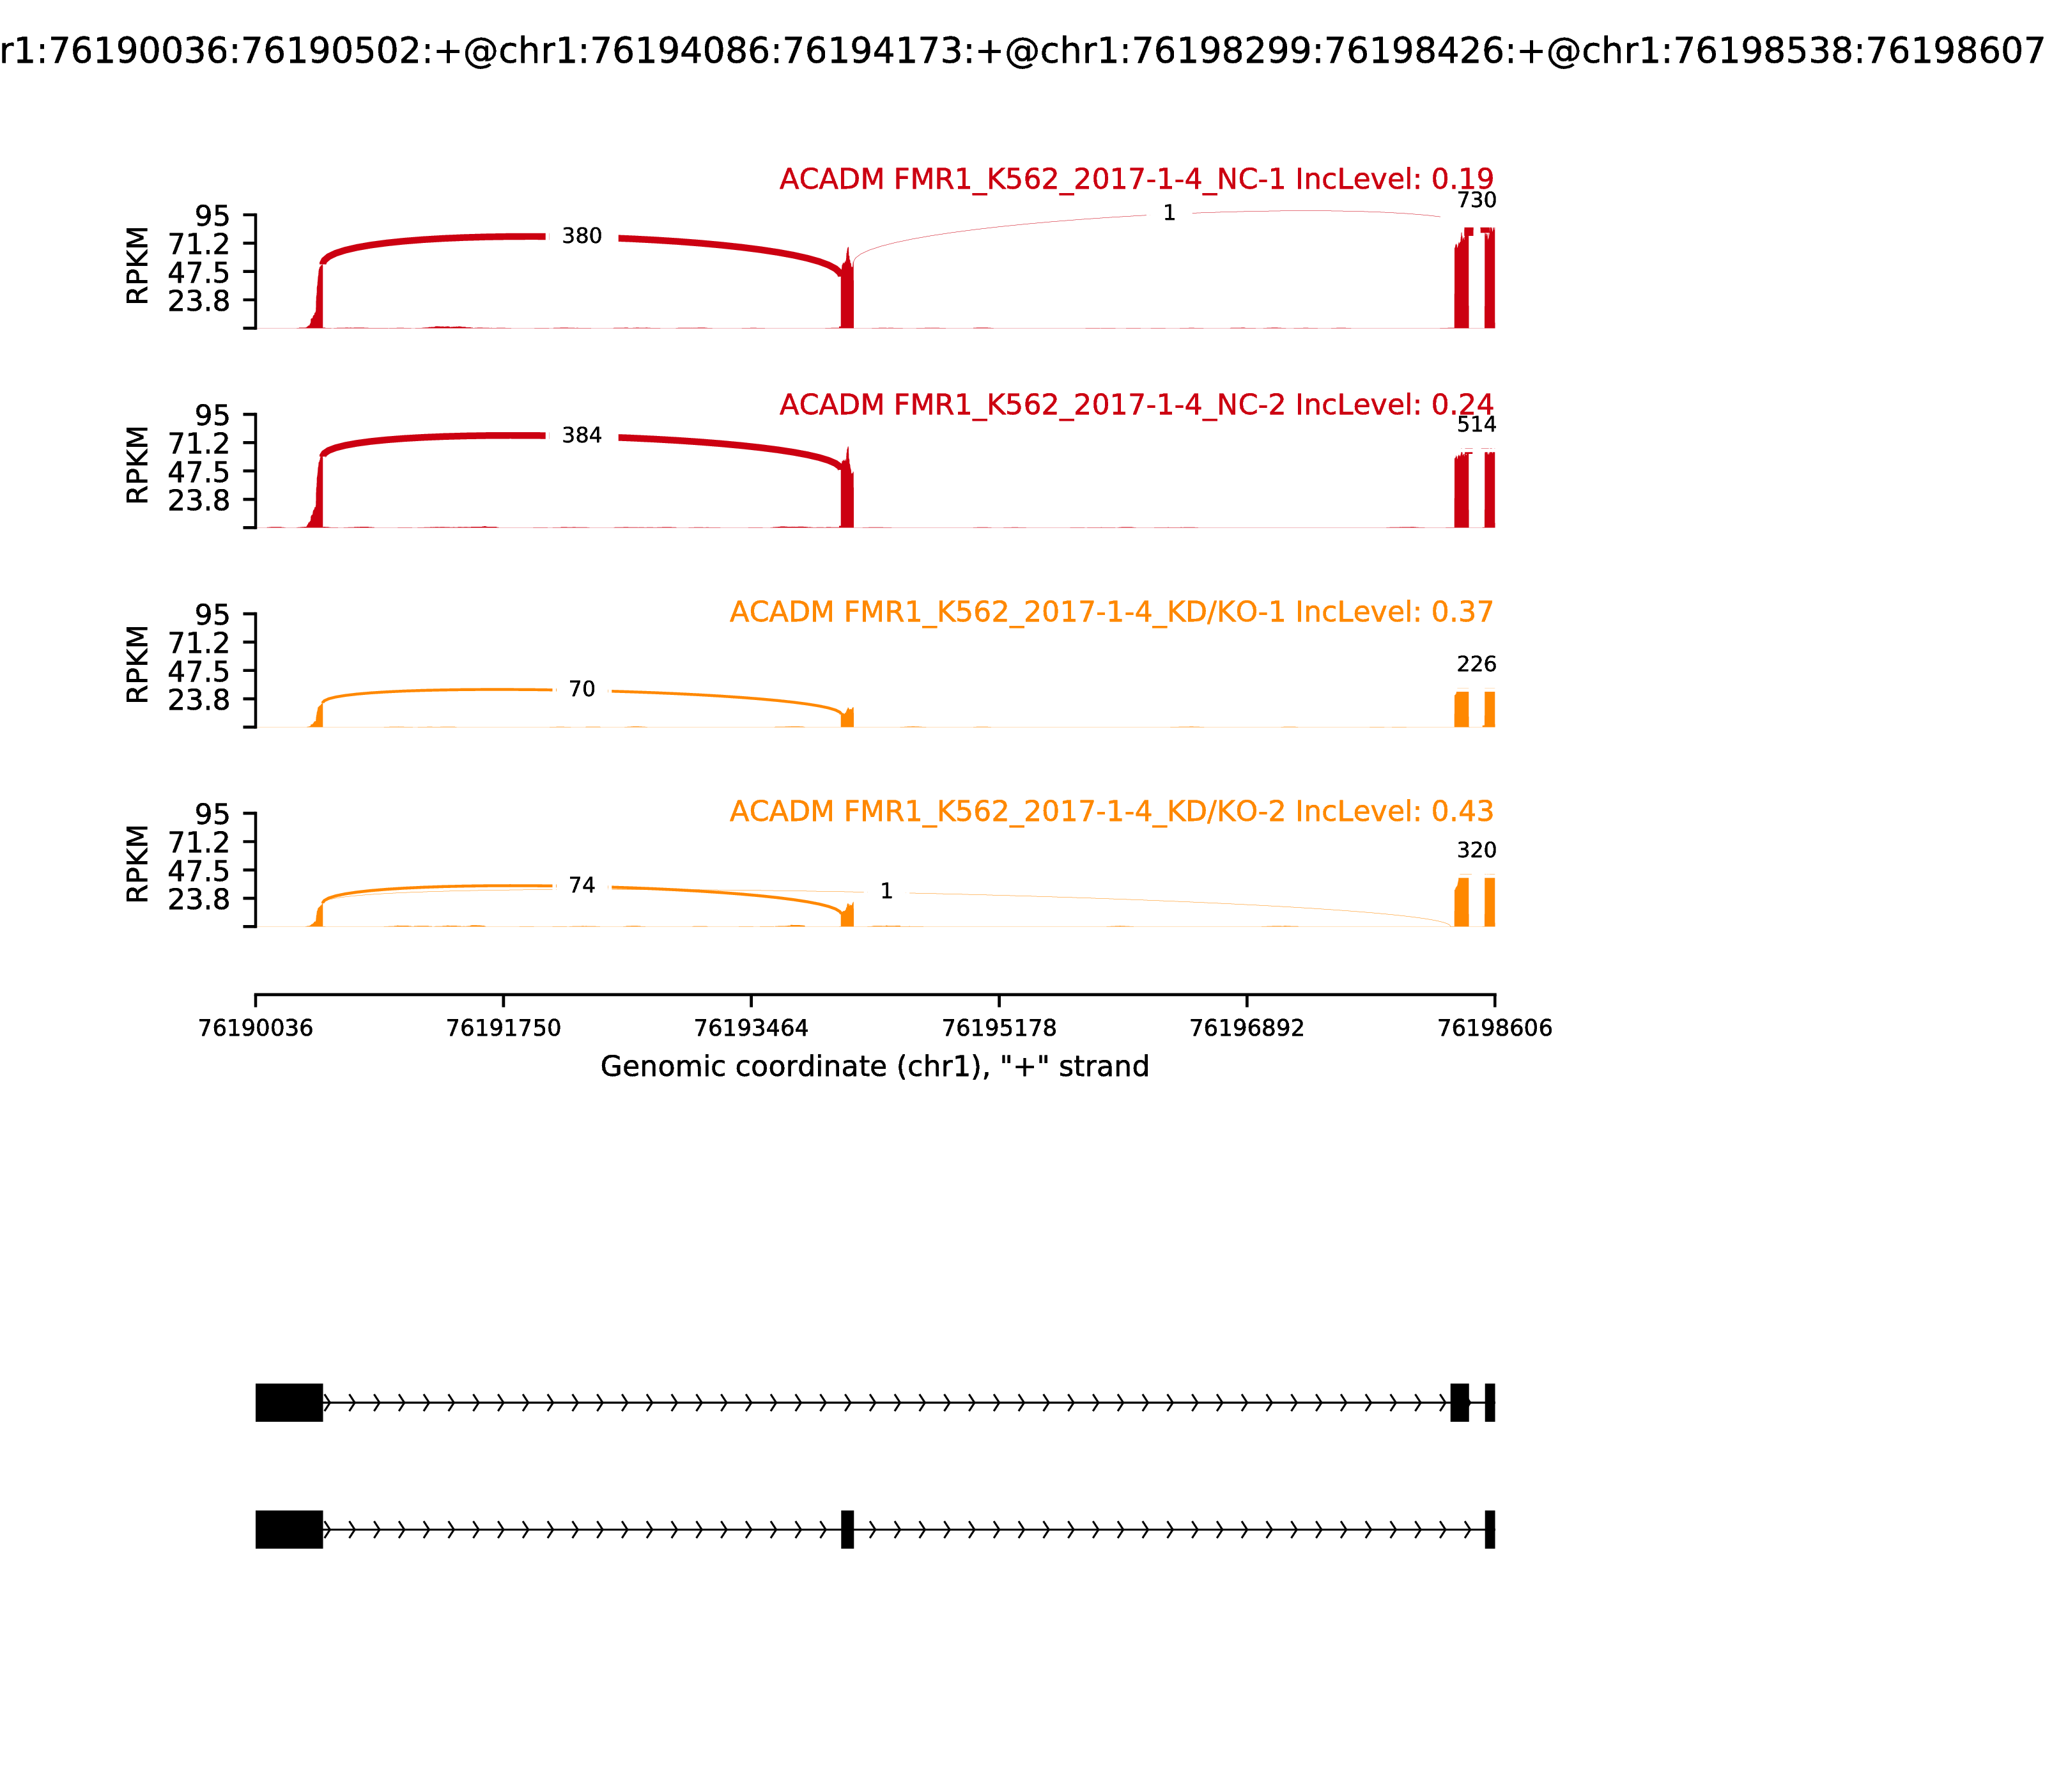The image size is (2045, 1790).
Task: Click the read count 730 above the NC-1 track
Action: click(x=1476, y=201)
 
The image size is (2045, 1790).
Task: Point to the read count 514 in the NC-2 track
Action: click(x=1476, y=424)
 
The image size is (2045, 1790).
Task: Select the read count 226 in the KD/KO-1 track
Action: click(x=1476, y=664)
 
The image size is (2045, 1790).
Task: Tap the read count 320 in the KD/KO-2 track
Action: click(x=1476, y=850)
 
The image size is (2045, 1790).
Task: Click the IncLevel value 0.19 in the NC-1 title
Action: click(x=1462, y=180)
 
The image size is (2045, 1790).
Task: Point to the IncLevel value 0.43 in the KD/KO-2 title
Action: click(x=1462, y=811)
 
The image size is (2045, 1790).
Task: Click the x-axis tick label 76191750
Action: click(x=504, y=1028)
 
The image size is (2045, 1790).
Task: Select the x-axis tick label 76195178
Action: click(x=998, y=1028)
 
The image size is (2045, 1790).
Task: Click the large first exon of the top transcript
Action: click(x=289, y=1403)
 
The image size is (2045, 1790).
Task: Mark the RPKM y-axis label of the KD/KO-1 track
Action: click(x=138, y=664)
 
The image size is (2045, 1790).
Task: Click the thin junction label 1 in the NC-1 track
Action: click(x=1168, y=213)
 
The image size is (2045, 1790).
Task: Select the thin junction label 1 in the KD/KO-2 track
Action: click(x=886, y=891)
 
